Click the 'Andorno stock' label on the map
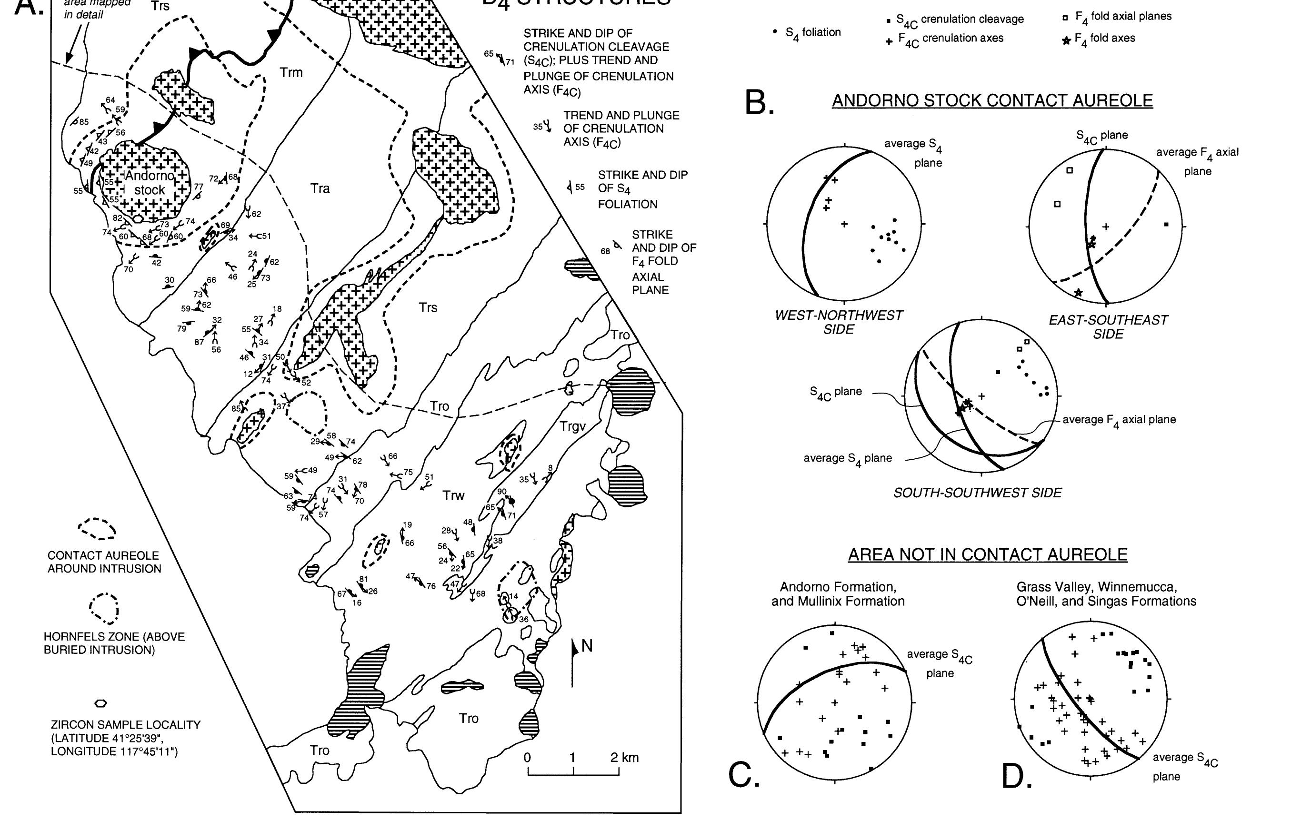point(149,183)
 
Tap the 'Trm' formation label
point(291,72)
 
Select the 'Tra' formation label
point(320,188)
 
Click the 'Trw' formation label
point(453,495)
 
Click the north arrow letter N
point(587,646)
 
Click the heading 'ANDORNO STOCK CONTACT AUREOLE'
point(992,100)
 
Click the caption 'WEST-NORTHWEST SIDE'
point(839,322)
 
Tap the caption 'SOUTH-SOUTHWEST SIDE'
point(977,493)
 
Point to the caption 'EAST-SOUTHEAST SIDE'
point(1108,327)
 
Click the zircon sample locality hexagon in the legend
point(100,703)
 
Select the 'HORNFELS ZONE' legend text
point(114,643)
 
